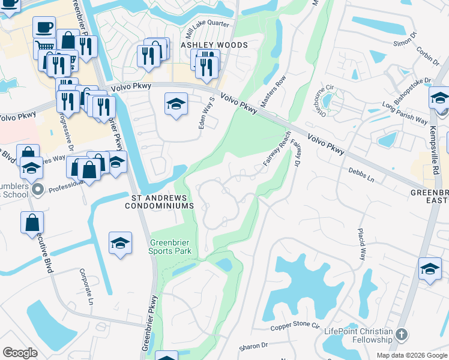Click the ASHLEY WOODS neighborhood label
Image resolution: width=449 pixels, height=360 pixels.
pyautogui.click(x=214, y=45)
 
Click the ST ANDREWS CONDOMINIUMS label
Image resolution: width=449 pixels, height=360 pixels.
pyautogui.click(x=160, y=202)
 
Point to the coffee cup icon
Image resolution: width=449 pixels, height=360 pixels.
pyautogui.click(x=43, y=28)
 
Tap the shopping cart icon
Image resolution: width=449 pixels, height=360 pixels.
pyautogui.click(x=44, y=46)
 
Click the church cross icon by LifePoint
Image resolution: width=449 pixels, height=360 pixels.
pyautogui.click(x=402, y=334)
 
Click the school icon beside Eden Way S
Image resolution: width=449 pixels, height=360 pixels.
pyautogui.click(x=175, y=104)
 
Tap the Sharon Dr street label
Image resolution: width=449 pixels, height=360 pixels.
pyautogui.click(x=253, y=346)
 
